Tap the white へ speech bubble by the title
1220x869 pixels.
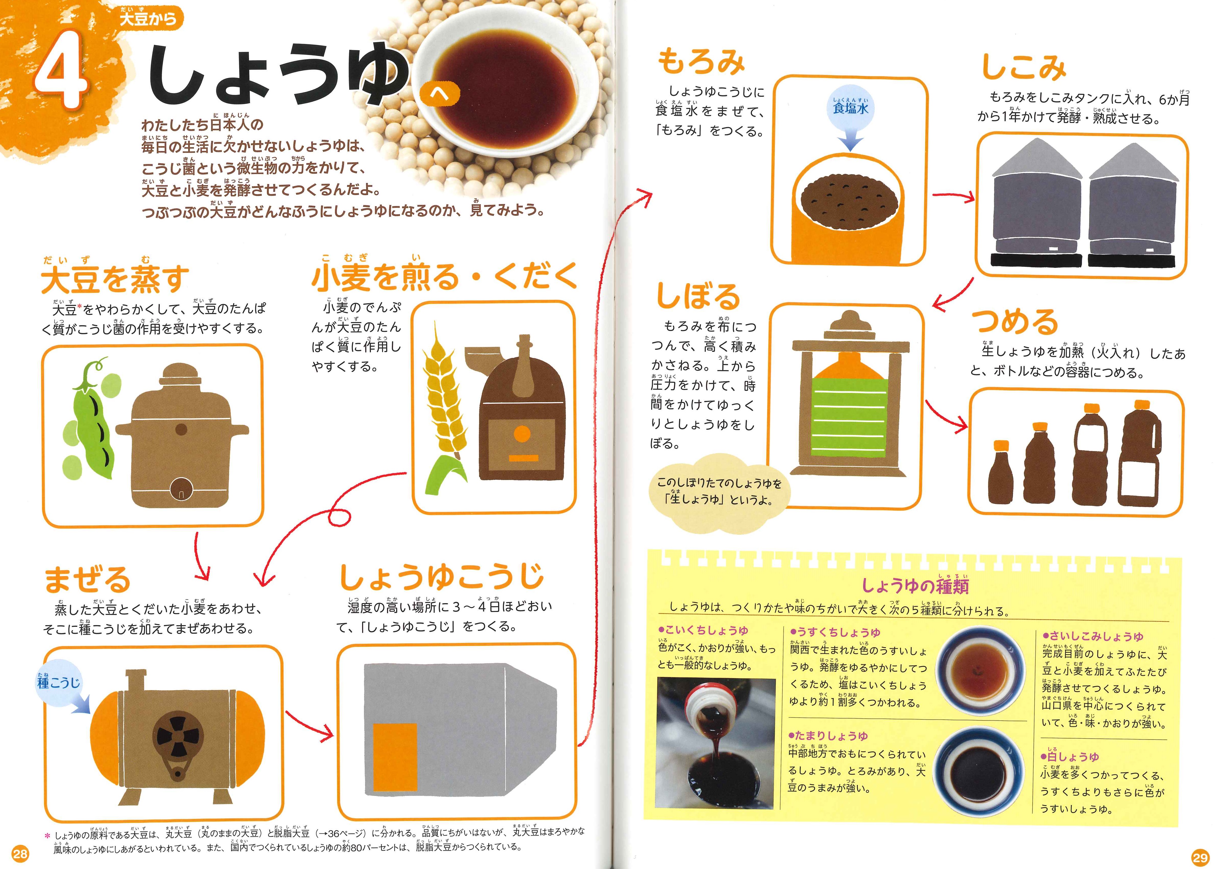(x=440, y=95)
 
